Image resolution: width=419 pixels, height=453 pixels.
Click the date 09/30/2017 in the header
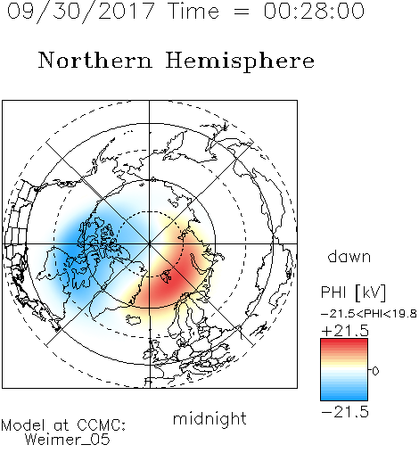click(x=80, y=12)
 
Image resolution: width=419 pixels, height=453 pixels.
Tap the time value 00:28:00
click(x=314, y=11)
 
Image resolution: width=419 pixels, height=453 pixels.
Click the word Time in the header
click(x=193, y=11)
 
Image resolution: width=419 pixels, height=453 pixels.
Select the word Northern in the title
click(x=95, y=60)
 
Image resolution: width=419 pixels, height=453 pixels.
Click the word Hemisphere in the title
click(x=240, y=62)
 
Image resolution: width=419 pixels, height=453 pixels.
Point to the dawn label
click(x=349, y=256)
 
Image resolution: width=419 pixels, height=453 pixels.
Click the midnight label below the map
click(x=209, y=419)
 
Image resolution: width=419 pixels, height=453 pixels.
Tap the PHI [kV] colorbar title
click(x=353, y=292)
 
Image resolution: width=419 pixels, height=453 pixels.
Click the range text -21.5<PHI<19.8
click(x=368, y=314)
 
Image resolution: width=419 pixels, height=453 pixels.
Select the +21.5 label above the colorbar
click(x=345, y=331)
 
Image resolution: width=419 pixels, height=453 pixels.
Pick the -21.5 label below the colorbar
click(x=345, y=412)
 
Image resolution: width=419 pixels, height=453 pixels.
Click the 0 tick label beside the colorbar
click(x=375, y=371)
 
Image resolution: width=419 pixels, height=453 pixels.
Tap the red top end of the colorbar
click(x=344, y=342)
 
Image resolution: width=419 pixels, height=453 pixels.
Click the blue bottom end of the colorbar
click(x=344, y=398)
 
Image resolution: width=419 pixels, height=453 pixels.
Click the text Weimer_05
click(x=68, y=440)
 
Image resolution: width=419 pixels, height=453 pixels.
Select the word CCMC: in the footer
click(x=101, y=425)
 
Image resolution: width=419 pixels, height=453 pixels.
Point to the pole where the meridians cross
click(x=149, y=243)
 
